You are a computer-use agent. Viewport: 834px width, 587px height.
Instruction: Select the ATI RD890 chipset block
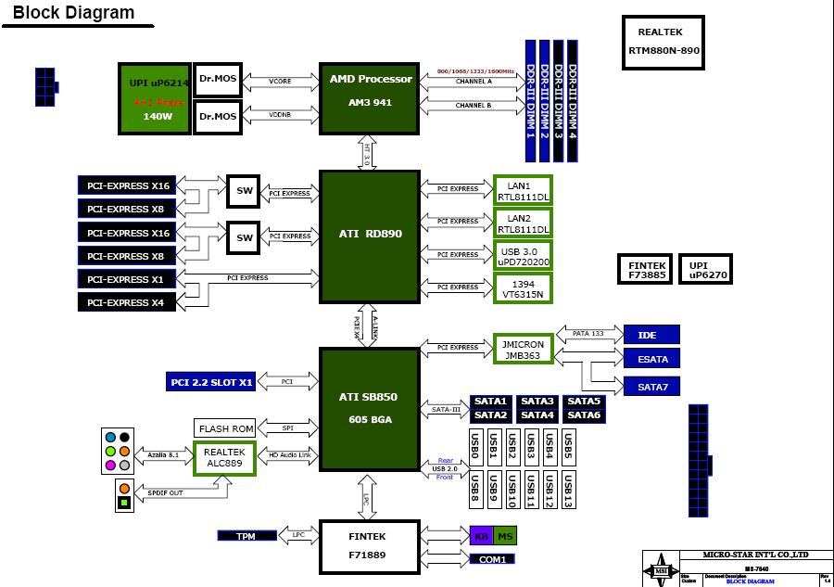coord(369,236)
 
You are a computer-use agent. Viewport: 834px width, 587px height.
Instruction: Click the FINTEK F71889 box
coord(369,546)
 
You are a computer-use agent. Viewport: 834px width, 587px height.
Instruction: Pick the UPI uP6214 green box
coord(153,97)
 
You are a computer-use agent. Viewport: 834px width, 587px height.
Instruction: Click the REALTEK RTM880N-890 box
coord(663,43)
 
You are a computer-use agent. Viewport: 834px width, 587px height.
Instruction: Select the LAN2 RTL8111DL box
coord(523,223)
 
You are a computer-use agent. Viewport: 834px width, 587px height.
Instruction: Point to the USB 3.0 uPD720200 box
coord(523,255)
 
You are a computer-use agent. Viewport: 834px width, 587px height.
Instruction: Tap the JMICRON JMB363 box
coord(523,350)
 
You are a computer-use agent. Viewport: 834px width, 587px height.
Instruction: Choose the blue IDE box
coord(651,334)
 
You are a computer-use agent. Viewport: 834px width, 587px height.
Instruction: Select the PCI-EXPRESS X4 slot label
coord(126,302)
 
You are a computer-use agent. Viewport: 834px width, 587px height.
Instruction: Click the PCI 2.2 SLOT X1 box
coord(211,382)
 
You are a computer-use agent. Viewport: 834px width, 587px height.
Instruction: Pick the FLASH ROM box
coord(224,428)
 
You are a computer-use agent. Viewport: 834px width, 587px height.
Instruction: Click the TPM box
coord(246,536)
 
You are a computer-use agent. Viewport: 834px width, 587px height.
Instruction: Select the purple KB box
coord(481,535)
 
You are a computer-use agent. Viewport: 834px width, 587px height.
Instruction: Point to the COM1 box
coord(492,559)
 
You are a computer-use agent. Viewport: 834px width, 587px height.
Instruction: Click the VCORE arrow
coord(280,82)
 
